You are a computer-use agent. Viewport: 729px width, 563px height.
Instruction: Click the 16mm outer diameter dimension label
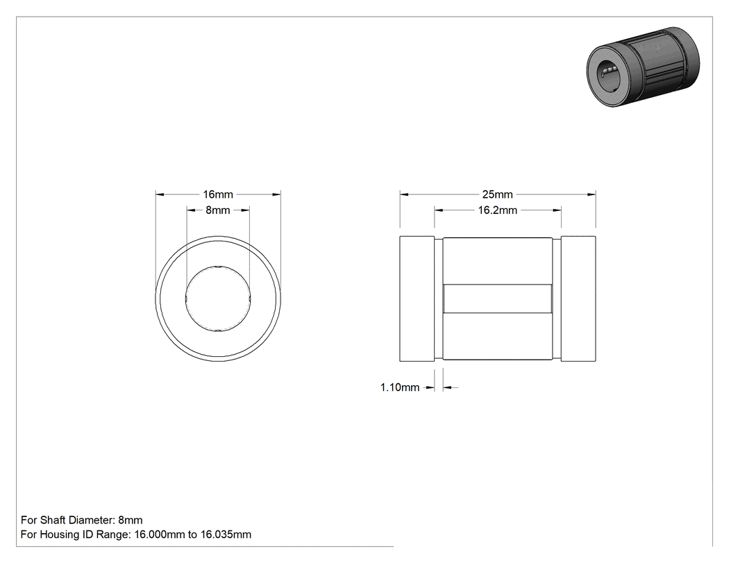coord(217,194)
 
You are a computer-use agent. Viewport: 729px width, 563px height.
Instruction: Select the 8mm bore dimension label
coord(217,210)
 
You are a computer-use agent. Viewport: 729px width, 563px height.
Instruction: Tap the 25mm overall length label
coord(498,194)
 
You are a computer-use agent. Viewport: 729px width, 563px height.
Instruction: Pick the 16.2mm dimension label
coord(498,210)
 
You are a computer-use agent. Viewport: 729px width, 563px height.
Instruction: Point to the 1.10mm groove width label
coord(400,387)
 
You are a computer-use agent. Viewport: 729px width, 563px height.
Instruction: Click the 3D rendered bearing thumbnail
coord(643,67)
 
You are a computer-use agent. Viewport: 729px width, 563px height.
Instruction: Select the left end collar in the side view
coord(417,299)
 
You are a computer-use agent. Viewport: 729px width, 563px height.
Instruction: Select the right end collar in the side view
coord(578,299)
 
